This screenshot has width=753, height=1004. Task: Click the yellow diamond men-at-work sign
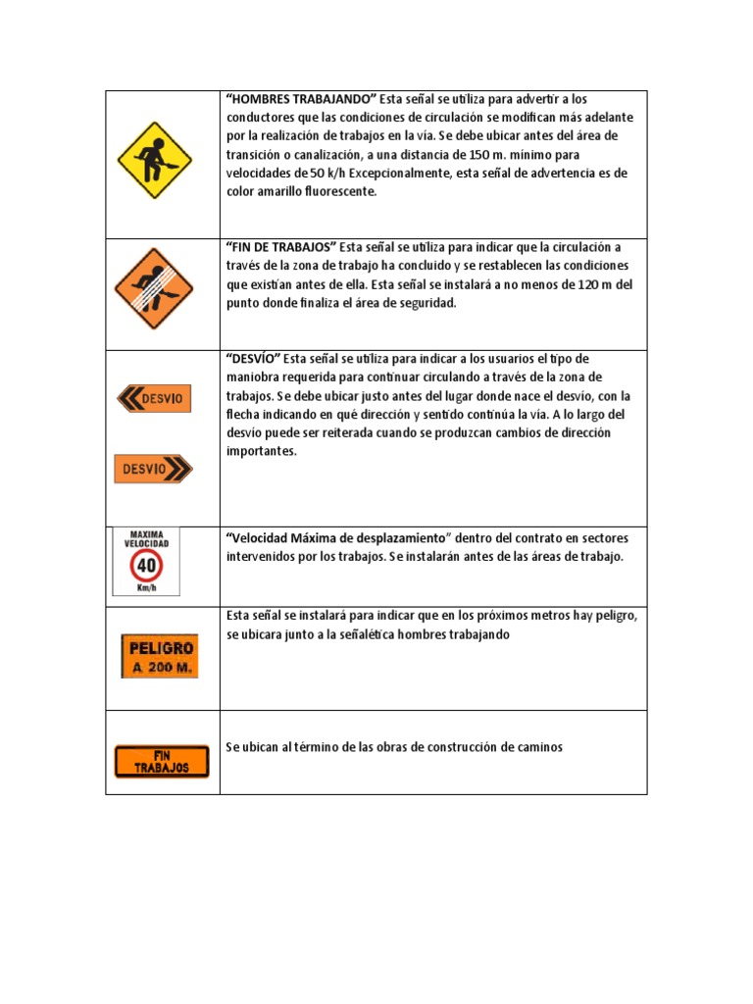tap(154, 161)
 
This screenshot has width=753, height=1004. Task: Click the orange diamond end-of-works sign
tap(154, 287)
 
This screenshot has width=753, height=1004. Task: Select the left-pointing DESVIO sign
tap(154, 398)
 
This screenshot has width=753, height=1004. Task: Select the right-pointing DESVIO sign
tap(154, 469)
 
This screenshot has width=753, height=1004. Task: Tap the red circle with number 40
tap(146, 566)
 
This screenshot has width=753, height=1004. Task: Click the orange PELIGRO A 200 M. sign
tap(159, 657)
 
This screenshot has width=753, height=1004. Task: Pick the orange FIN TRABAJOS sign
tap(162, 762)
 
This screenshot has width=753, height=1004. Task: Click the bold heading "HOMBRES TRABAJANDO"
tap(301, 99)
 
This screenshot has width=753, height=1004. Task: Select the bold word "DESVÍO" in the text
tap(253, 359)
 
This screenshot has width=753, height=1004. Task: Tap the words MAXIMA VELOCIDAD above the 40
tap(146, 538)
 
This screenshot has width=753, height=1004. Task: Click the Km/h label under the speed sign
tap(147, 588)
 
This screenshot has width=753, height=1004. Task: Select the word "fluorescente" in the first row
tap(334, 192)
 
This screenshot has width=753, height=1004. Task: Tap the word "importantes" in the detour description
tap(262, 451)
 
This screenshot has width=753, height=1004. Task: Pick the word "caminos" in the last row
tap(537, 747)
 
